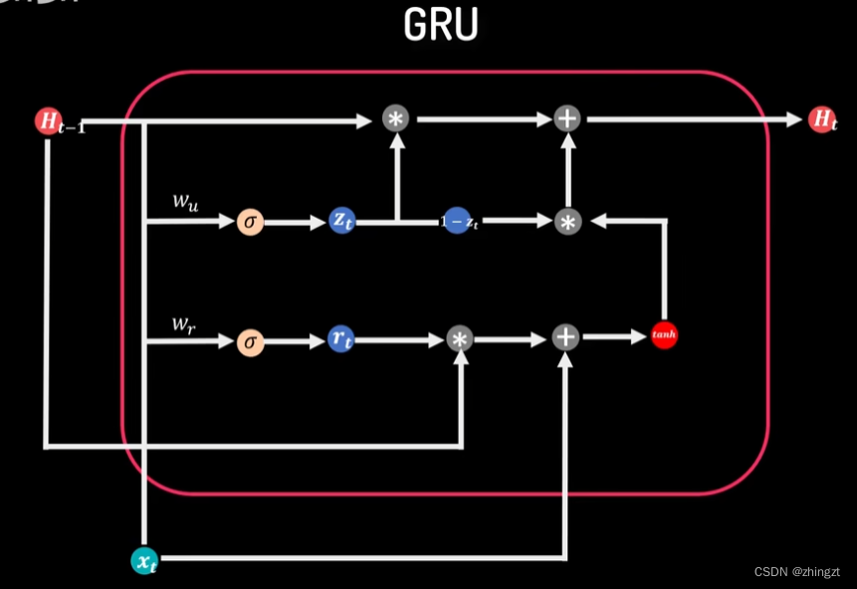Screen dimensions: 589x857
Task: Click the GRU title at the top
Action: click(x=441, y=27)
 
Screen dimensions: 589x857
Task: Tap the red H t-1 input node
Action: click(x=48, y=121)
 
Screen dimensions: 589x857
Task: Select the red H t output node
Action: click(x=821, y=119)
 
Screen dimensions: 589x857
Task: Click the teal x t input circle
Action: click(x=145, y=561)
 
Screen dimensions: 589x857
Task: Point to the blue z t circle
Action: click(x=341, y=222)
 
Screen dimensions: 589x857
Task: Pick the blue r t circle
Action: click(x=341, y=339)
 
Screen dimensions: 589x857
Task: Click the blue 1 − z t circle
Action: click(x=457, y=222)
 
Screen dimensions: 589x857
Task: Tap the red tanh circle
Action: click(x=664, y=335)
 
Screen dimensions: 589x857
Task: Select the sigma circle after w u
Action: click(x=250, y=222)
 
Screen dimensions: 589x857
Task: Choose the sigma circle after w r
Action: click(x=250, y=342)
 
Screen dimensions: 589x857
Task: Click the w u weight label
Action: click(x=185, y=202)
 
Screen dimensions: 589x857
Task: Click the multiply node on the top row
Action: click(x=396, y=119)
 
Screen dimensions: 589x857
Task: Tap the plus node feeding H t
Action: click(x=567, y=119)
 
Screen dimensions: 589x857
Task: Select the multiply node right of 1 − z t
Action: click(x=567, y=222)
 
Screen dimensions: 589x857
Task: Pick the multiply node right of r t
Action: click(x=459, y=339)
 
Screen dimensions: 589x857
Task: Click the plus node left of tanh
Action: click(x=565, y=337)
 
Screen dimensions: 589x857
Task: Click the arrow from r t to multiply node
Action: click(x=398, y=340)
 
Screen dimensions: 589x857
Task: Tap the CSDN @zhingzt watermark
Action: click(x=796, y=572)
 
